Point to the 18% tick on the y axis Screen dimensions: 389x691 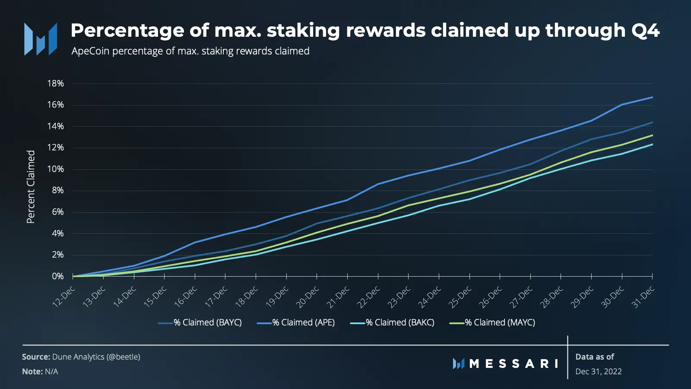(55, 83)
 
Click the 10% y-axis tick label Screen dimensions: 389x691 (55, 169)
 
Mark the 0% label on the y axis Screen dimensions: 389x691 (57, 276)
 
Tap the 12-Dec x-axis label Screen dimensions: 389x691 (64, 296)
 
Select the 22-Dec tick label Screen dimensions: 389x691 (368, 296)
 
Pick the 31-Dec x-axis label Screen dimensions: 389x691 (643, 296)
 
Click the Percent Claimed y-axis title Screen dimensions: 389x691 (31, 187)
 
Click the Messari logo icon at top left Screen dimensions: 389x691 (41, 39)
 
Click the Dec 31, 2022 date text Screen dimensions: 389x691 (599, 371)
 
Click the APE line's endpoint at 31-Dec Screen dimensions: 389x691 (652, 97)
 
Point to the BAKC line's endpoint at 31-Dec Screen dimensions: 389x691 (652, 144)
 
